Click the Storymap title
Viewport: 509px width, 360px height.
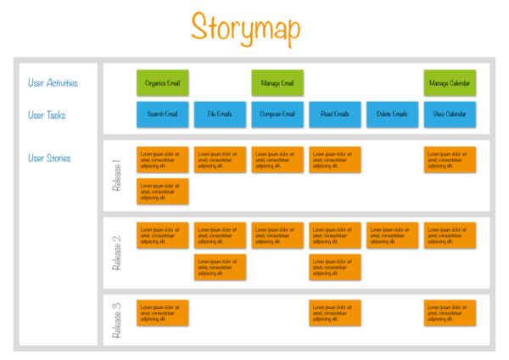(245, 27)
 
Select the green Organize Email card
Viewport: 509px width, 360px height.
(162, 83)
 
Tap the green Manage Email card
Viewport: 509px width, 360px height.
(277, 83)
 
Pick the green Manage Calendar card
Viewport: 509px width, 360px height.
(450, 83)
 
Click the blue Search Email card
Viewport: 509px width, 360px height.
(162, 115)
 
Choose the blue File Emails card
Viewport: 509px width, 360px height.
(220, 115)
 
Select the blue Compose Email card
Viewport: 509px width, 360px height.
(277, 115)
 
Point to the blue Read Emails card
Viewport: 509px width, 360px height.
(334, 115)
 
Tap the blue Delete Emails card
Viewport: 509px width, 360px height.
(392, 115)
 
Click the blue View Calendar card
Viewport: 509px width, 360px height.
(450, 115)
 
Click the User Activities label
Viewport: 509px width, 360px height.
(53, 83)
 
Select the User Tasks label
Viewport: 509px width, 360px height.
(47, 115)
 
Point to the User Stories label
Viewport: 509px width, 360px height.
(49, 158)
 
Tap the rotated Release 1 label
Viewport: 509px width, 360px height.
(117, 175)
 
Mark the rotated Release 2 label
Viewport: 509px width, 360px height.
(117, 251)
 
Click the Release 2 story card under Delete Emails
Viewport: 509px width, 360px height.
(392, 235)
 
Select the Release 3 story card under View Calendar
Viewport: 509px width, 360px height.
(450, 312)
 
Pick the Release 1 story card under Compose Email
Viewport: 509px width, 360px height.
(277, 160)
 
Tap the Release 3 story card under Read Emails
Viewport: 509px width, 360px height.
(334, 312)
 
